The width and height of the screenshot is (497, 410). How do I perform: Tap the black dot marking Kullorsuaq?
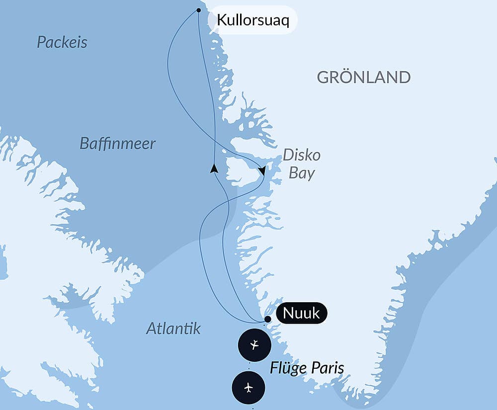[x=199, y=10]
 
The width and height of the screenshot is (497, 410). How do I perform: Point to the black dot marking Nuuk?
[x=267, y=319]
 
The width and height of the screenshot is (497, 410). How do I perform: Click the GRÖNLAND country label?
[x=363, y=78]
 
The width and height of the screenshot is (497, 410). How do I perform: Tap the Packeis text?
[x=62, y=42]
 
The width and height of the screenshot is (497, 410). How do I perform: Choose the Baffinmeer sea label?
[x=117, y=144]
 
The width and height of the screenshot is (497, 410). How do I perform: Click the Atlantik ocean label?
[x=173, y=328]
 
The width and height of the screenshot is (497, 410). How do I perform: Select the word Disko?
[x=302, y=155]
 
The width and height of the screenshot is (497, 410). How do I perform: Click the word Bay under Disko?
[x=302, y=173]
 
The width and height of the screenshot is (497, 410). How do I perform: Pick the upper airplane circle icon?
[x=254, y=344]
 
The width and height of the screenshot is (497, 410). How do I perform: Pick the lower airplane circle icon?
[x=248, y=387]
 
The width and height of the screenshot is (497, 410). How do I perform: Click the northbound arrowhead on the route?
[x=214, y=168]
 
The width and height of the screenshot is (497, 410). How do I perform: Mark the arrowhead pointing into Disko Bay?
[x=262, y=171]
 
